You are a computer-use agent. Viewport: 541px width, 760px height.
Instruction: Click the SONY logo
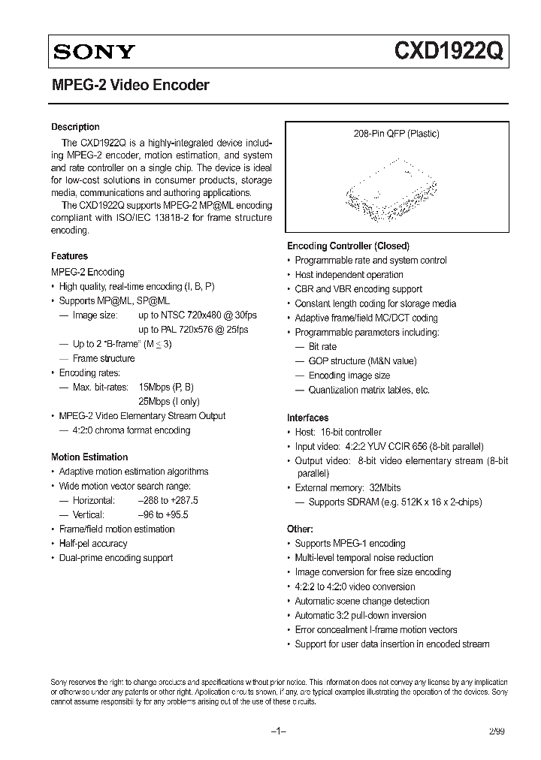click(93, 52)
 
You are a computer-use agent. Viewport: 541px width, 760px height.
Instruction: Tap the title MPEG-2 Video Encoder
click(130, 86)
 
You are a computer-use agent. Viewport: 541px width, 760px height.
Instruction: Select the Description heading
click(75, 127)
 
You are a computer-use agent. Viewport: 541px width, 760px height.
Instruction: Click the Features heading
click(69, 256)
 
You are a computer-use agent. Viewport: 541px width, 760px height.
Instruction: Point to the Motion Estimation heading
click(89, 457)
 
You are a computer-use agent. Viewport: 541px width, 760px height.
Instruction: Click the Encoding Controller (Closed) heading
click(348, 246)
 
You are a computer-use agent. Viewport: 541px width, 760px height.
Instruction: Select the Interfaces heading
click(308, 418)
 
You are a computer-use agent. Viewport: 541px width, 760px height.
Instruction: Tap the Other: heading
click(300, 529)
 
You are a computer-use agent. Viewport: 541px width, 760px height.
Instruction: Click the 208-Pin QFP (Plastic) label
click(396, 134)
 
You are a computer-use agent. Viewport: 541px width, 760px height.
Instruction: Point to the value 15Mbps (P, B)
click(166, 387)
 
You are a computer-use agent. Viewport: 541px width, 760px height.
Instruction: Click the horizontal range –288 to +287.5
click(168, 500)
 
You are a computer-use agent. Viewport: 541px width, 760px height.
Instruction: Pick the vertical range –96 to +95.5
click(163, 514)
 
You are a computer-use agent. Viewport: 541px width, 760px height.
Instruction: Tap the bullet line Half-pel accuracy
click(93, 543)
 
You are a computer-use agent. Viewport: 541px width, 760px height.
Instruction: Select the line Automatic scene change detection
click(362, 601)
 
